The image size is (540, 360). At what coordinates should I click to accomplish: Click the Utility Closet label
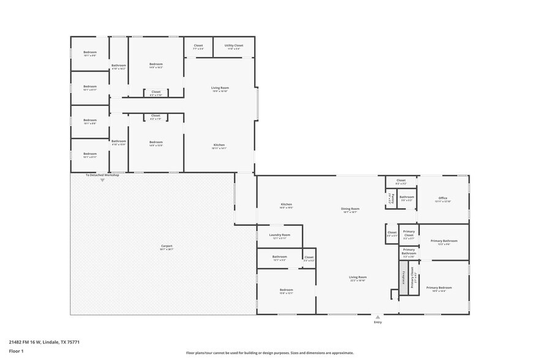click(234, 45)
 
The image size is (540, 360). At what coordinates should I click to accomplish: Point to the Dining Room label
click(350, 209)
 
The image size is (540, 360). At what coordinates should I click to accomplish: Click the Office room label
click(443, 198)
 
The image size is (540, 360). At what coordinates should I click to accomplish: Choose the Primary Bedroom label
click(439, 287)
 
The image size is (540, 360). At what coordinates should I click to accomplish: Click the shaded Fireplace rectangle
click(403, 277)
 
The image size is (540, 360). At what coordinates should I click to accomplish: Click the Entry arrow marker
click(378, 317)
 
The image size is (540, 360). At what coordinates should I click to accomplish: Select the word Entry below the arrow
click(378, 322)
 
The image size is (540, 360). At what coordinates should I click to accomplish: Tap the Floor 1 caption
click(16, 351)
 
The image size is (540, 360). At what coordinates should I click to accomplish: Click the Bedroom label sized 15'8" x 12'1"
click(286, 290)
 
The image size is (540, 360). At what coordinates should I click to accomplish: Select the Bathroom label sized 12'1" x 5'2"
click(280, 257)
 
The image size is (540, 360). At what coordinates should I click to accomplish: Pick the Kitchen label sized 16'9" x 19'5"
click(286, 204)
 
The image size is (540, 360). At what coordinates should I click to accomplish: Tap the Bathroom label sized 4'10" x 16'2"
click(119, 66)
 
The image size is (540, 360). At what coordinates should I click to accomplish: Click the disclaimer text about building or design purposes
click(269, 353)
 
